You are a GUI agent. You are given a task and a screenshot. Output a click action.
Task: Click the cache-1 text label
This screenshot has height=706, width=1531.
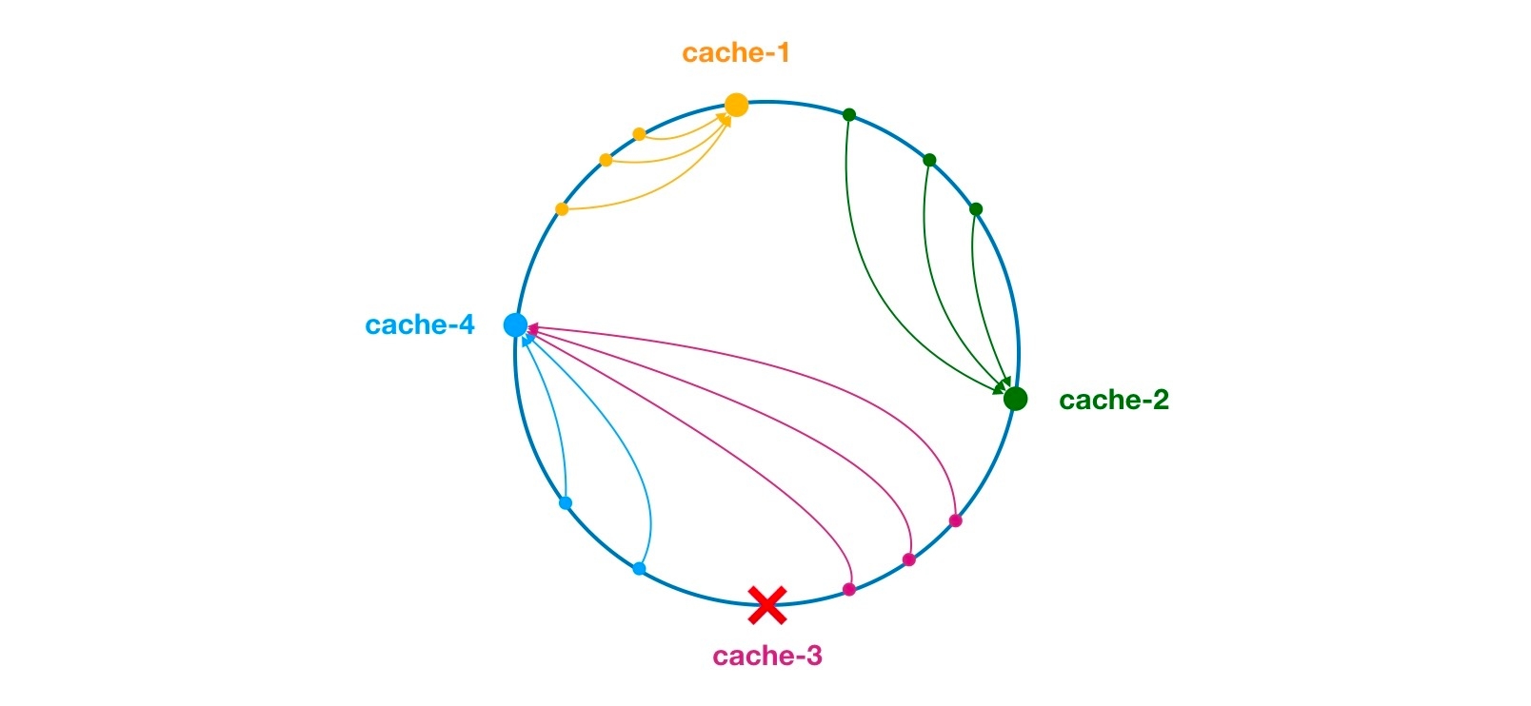pyautogui.click(x=735, y=53)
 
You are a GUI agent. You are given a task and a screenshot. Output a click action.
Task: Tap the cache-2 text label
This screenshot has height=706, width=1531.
pyautogui.click(x=1113, y=401)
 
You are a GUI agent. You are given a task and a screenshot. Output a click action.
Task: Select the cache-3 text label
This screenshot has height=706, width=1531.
pyautogui.click(x=766, y=656)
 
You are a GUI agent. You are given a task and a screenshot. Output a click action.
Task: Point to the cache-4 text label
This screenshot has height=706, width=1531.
pyautogui.click(x=419, y=325)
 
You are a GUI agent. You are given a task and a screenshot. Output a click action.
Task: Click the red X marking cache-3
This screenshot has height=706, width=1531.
pyautogui.click(x=766, y=604)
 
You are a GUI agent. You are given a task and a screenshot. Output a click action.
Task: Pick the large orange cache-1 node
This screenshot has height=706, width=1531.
pyautogui.click(x=736, y=105)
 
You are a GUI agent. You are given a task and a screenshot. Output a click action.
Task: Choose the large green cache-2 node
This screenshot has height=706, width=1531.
pyautogui.click(x=1015, y=399)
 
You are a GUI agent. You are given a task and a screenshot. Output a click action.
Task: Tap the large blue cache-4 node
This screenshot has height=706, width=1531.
pyautogui.click(x=515, y=325)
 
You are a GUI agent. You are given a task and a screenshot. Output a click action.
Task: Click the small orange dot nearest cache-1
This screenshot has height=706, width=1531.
pyautogui.click(x=640, y=134)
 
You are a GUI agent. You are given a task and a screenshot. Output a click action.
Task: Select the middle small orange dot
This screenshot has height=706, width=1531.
pyautogui.click(x=606, y=160)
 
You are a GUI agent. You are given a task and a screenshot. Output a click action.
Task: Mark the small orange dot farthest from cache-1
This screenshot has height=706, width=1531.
pyautogui.click(x=562, y=209)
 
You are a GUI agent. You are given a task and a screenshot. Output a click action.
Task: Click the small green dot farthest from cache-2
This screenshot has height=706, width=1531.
pyautogui.click(x=849, y=115)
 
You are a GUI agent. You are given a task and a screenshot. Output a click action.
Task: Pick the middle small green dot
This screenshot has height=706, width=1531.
pyautogui.click(x=930, y=160)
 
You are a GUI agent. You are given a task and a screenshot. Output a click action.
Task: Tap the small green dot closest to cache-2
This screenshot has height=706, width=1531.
pyautogui.click(x=975, y=209)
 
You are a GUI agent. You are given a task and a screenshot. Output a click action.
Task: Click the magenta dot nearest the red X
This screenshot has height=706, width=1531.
pyautogui.click(x=849, y=589)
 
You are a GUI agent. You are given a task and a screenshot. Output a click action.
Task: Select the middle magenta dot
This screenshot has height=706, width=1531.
pyautogui.click(x=908, y=559)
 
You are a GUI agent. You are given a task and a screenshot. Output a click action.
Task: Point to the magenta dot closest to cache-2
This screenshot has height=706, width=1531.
pyautogui.click(x=955, y=520)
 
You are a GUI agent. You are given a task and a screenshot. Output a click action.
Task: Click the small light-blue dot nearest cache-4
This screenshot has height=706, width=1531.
pyautogui.click(x=566, y=502)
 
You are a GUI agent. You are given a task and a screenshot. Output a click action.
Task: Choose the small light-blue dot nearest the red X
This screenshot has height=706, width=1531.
pyautogui.click(x=639, y=569)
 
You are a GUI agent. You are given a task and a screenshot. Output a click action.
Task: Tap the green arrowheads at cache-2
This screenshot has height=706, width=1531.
pyautogui.click(x=1002, y=385)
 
